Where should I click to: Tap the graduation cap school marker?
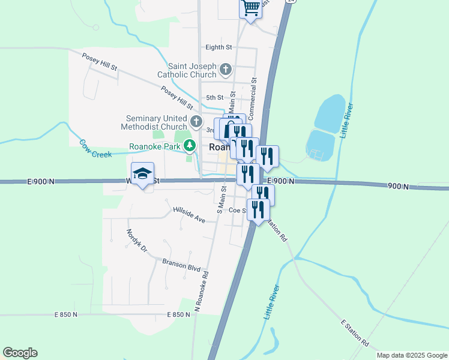tap(142, 174)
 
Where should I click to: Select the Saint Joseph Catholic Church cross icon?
tap(226, 70)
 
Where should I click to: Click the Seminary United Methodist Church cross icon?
tap(196, 122)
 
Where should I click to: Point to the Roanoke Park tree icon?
tap(190, 145)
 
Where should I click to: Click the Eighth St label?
tap(218, 47)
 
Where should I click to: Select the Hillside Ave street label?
tap(189, 215)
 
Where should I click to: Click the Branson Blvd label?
tap(181, 265)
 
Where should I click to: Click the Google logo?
tap(20, 353)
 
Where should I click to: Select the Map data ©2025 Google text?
tap(412, 355)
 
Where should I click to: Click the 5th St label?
tap(214, 97)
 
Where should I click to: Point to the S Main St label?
tap(221, 199)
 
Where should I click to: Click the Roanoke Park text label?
tap(155, 146)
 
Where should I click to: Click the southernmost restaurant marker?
tap(258, 210)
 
